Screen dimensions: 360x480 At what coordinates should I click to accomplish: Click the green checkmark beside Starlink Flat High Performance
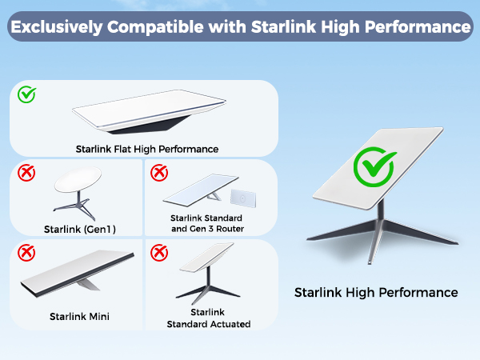[27, 95]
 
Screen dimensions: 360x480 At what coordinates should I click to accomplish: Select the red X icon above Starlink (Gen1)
[27, 172]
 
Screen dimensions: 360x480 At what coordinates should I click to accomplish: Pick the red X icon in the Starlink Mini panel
[27, 254]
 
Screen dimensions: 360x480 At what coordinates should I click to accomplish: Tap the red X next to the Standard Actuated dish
[159, 254]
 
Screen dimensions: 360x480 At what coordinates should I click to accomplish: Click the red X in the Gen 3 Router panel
[159, 172]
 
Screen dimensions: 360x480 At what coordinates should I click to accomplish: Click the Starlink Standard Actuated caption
[209, 318]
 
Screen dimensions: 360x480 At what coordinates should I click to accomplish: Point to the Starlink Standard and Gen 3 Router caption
[206, 222]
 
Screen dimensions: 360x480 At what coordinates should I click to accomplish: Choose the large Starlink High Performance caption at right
[376, 292]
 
